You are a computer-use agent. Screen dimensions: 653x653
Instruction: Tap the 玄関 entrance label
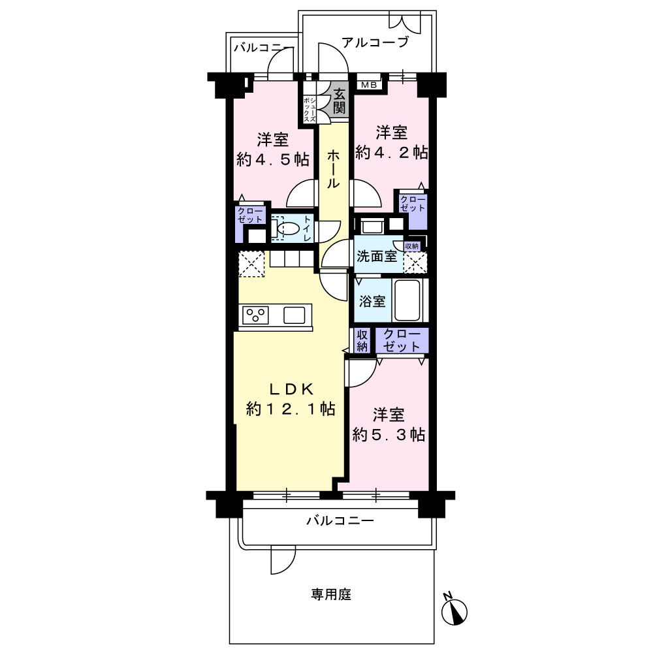point(340,101)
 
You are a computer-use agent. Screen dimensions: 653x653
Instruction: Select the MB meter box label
point(369,85)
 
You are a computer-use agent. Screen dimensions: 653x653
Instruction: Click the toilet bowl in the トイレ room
point(288,229)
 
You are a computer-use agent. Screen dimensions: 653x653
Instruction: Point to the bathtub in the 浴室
point(407,300)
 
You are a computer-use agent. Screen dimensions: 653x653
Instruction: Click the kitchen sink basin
point(295,315)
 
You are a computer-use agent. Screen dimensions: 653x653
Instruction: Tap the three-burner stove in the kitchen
point(255,315)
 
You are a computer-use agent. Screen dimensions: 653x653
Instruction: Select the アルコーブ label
point(375,42)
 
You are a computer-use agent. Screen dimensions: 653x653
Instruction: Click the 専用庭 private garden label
point(331,594)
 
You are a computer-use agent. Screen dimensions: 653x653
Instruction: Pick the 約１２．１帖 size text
point(291,409)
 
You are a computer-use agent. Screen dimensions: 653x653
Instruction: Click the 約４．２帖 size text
point(391,153)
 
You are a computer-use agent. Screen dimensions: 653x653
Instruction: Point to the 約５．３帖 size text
point(389,435)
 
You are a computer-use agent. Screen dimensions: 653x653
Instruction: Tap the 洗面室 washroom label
point(377,256)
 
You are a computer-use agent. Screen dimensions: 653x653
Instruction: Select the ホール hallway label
point(333,170)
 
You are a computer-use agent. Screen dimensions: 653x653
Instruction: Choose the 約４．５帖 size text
point(273,159)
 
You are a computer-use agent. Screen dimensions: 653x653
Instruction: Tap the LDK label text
point(291,389)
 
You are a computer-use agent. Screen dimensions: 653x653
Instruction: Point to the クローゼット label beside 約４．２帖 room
point(413,204)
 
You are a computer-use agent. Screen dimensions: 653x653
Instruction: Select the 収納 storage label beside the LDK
point(362,340)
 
